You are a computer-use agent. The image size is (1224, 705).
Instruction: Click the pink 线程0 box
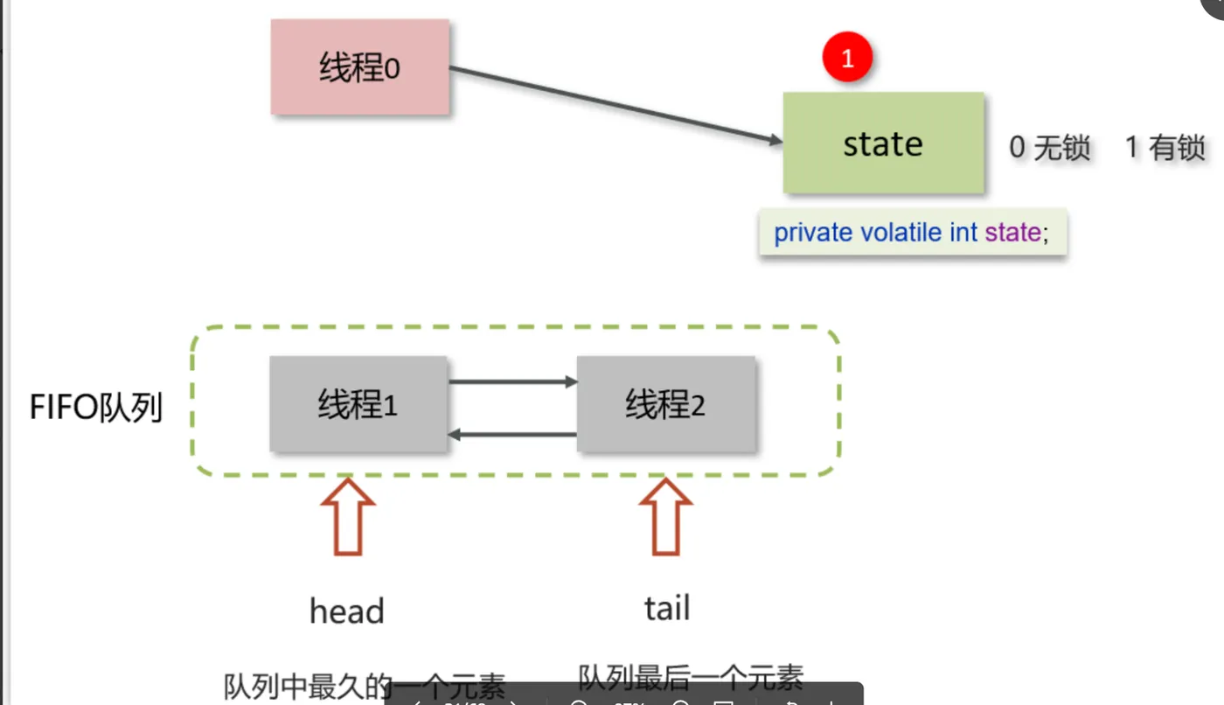[x=359, y=68]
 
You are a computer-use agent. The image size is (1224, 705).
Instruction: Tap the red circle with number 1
[x=846, y=58]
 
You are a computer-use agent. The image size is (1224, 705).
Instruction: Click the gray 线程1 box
[x=358, y=404]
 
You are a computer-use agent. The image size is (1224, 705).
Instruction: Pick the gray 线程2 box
[x=665, y=404]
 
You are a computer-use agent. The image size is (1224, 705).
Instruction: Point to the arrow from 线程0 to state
[x=612, y=104]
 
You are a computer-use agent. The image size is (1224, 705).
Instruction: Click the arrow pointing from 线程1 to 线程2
[x=512, y=381]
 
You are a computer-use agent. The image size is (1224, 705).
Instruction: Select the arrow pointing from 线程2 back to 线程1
[x=512, y=434]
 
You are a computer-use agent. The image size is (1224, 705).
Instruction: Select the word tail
[x=667, y=608]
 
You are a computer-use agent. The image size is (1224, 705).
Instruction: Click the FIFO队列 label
[x=96, y=408]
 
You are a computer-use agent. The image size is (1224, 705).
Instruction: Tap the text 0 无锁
[x=1049, y=148]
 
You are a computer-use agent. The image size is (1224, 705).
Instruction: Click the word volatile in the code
[x=901, y=233]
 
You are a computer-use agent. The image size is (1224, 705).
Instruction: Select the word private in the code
[x=813, y=233]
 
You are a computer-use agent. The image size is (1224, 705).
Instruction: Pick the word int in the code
[x=964, y=233]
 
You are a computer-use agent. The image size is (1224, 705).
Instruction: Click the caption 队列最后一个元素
[x=691, y=676]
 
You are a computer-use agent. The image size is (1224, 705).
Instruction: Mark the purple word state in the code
[x=1012, y=233]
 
